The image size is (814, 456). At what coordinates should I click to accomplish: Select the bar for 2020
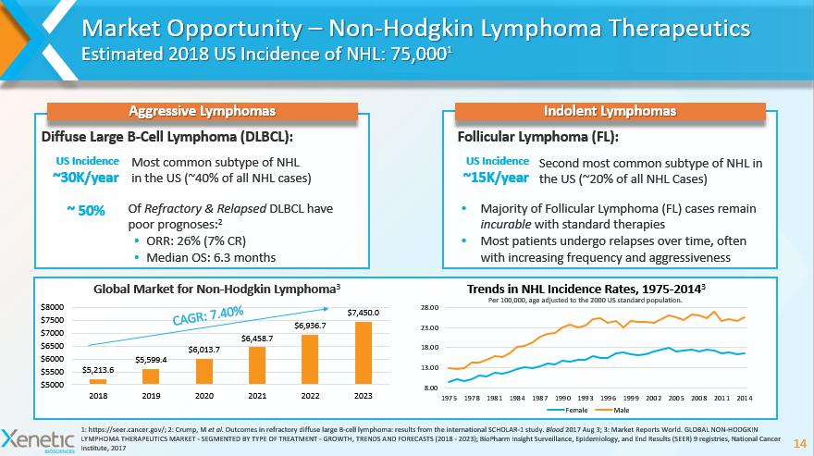[x=203, y=371]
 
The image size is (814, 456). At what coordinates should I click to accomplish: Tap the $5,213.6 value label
[x=98, y=370]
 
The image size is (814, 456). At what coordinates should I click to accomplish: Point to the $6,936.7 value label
[x=311, y=327]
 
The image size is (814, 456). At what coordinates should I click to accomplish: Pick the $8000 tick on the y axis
[x=51, y=306]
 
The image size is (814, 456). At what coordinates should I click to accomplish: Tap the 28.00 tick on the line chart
[x=429, y=308]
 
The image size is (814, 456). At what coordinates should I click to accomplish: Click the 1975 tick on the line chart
[x=450, y=397]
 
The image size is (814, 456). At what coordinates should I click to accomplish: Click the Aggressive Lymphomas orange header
[x=202, y=111]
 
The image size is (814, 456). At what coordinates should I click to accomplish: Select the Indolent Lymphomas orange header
[x=609, y=111]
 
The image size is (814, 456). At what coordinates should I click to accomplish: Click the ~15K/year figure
[x=498, y=178]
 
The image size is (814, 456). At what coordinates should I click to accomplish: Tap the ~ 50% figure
[x=85, y=210]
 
